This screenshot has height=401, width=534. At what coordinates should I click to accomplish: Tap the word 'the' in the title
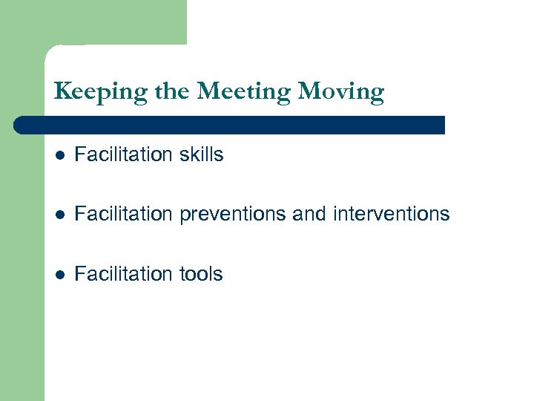(172, 92)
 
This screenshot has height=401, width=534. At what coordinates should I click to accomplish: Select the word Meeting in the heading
(245, 93)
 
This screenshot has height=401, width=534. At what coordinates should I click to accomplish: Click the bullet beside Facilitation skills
(60, 155)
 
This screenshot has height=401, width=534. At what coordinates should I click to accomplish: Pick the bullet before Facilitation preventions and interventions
(60, 215)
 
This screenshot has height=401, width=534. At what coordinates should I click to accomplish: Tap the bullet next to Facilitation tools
(60, 275)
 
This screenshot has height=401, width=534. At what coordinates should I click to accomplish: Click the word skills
(199, 154)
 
